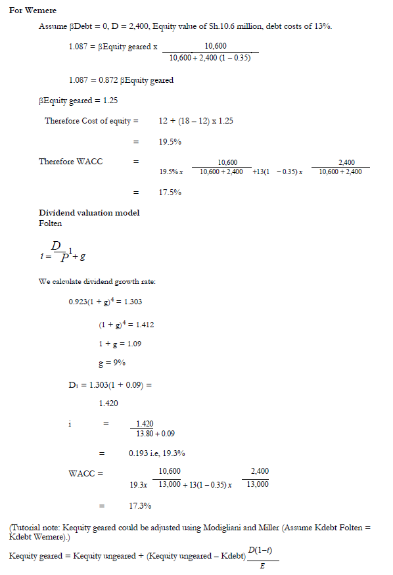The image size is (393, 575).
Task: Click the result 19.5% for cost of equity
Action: click(170, 141)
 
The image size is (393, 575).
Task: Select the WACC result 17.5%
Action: click(170, 193)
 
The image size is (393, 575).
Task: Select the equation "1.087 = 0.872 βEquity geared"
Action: click(121, 80)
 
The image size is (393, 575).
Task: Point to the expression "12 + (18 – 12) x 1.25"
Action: click(196, 121)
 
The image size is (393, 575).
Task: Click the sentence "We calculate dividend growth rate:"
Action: click(97, 283)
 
